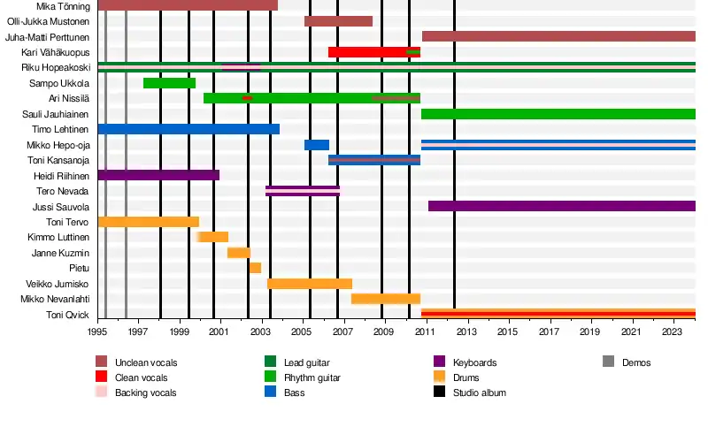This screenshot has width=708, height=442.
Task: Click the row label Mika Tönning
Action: (63, 6)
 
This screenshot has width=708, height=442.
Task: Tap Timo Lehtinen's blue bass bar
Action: (188, 129)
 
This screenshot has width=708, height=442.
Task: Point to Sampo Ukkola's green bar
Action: (169, 83)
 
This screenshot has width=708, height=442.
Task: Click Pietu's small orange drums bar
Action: (255, 268)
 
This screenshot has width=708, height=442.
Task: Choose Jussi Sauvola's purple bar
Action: (561, 206)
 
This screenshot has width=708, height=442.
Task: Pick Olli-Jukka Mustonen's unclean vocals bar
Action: (338, 21)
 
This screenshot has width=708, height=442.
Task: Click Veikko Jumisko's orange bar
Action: (309, 284)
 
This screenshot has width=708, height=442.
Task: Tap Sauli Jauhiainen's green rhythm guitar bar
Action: (558, 114)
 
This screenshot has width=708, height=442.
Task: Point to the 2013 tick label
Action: (466, 332)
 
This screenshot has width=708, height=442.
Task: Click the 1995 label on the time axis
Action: (97, 332)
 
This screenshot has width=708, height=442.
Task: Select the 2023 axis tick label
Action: (672, 332)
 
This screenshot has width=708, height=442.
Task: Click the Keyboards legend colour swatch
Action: (439, 362)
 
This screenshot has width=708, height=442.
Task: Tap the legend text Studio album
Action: (479, 392)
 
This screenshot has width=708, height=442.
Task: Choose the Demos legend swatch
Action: (608, 362)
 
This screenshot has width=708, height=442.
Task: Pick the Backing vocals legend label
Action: (145, 392)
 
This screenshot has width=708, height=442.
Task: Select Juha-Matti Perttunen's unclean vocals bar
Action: (558, 36)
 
